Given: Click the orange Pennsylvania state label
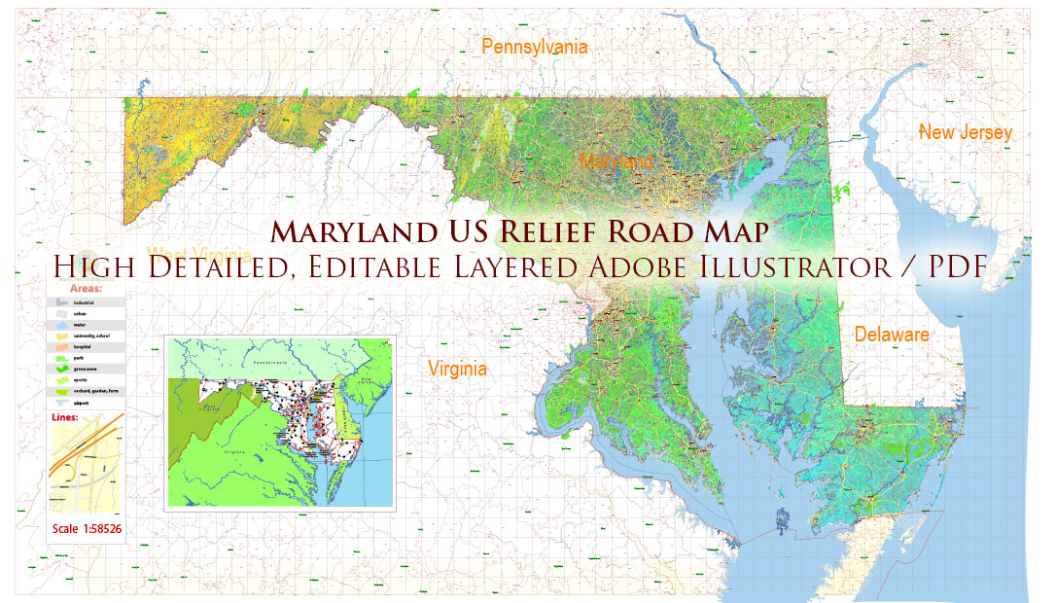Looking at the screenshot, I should [535, 47].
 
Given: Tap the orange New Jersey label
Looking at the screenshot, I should [966, 132].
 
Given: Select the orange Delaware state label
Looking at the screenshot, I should [892, 335].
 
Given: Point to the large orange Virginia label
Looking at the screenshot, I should [457, 369].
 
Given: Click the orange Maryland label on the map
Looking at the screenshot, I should [616, 161].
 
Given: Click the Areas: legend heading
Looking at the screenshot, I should [87, 289].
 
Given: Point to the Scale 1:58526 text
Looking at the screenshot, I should [88, 529].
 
